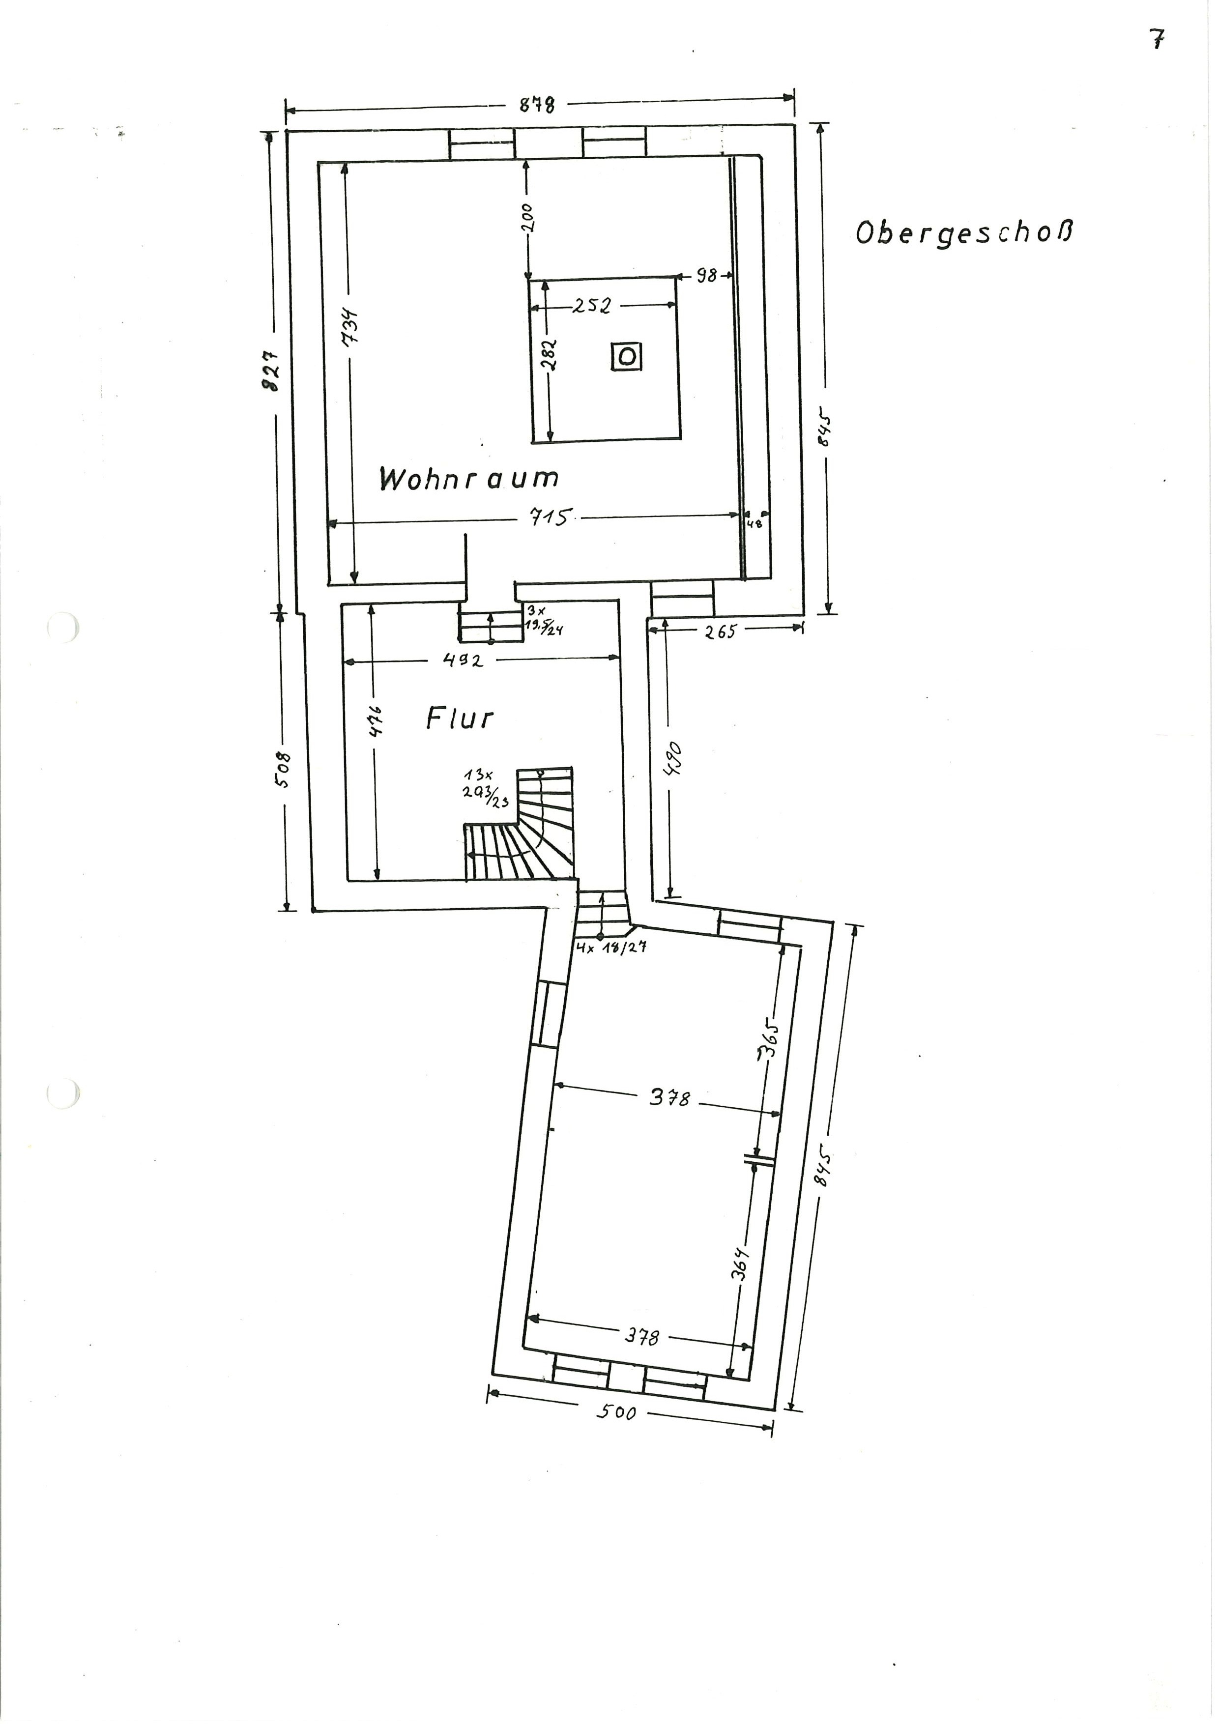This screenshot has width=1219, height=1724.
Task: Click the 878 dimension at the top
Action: pyautogui.click(x=538, y=105)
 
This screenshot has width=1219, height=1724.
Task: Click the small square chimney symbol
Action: pyautogui.click(x=626, y=357)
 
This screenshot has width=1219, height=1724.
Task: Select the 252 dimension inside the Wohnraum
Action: pyautogui.click(x=593, y=306)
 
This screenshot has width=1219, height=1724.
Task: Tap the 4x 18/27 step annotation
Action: pyautogui.click(x=611, y=948)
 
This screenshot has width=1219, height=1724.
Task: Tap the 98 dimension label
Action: pyautogui.click(x=706, y=276)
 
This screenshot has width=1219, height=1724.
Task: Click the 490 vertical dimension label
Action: pyautogui.click(x=674, y=759)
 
